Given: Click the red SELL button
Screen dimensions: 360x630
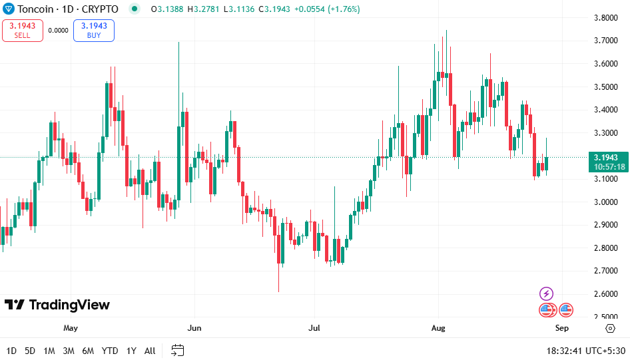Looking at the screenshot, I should [23, 31].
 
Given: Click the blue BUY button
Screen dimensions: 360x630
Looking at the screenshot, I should [94, 31].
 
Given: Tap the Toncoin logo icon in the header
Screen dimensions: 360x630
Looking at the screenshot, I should [9, 9].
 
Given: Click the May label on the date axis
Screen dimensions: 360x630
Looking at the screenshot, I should [71, 328].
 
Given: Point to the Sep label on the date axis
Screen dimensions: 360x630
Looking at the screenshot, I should [561, 328].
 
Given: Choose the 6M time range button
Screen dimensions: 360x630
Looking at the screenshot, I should [88, 351].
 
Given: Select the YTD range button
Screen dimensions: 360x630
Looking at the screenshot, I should [110, 351].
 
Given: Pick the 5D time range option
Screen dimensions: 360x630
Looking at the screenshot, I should [30, 351].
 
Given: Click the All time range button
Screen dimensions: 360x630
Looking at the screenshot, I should [150, 351].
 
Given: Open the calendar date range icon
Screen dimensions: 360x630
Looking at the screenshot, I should [177, 350].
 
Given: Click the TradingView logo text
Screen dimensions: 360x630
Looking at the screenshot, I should [57, 305].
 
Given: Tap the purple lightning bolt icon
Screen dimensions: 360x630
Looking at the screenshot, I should [546, 293].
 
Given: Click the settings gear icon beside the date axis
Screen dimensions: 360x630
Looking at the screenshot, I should [610, 328].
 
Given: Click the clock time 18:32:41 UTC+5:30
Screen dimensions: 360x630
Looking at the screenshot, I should [584, 351].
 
